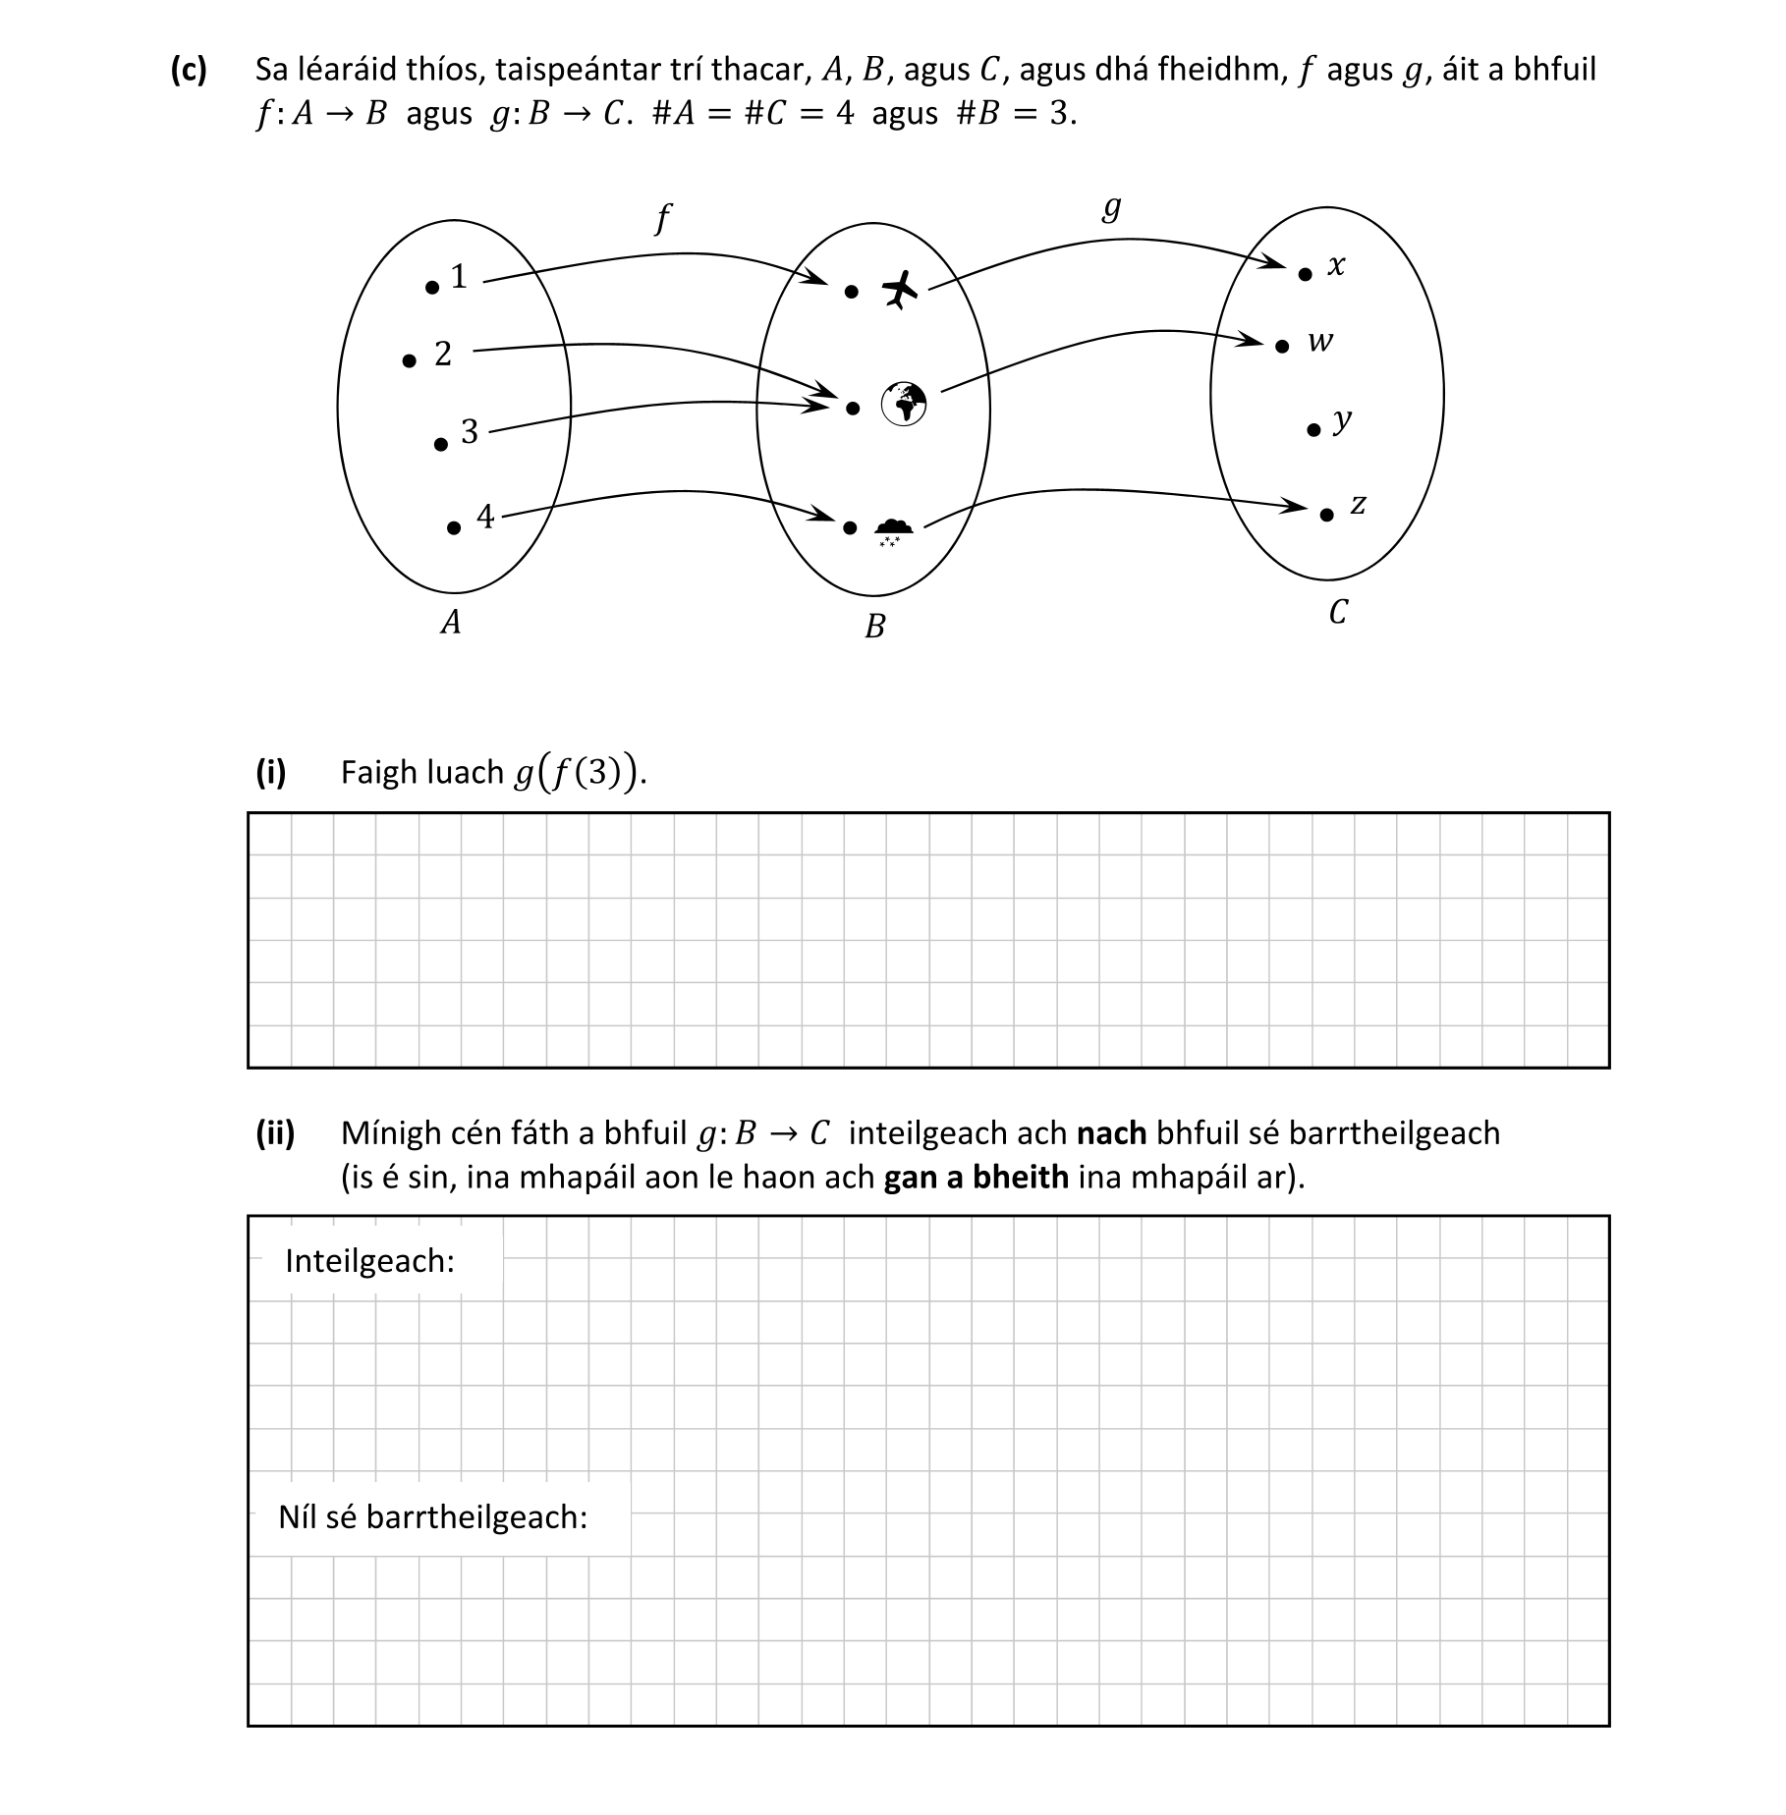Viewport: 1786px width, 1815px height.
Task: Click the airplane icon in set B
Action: pyautogui.click(x=899, y=289)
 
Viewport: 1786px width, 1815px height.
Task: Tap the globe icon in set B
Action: pyautogui.click(x=904, y=403)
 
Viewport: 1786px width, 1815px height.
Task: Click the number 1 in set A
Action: pyautogui.click(x=459, y=277)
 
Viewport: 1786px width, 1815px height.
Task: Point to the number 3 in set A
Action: pyautogui.click(x=470, y=431)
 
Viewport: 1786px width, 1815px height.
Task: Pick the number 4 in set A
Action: pyautogui.click(x=485, y=516)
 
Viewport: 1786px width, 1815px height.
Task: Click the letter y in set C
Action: pyautogui.click(x=1343, y=421)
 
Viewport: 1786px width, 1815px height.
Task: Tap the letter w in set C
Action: pyautogui.click(x=1320, y=342)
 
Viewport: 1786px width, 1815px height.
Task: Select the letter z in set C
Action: pyautogui.click(x=1358, y=505)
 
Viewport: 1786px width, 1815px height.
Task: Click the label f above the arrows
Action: pyautogui.click(x=663, y=218)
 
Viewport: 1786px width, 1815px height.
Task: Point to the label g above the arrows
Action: pyautogui.click(x=1111, y=207)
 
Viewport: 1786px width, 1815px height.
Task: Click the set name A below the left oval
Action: pyautogui.click(x=451, y=623)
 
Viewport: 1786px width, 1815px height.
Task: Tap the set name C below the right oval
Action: pyautogui.click(x=1337, y=613)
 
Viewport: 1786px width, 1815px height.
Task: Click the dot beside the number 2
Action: pyautogui.click(x=410, y=361)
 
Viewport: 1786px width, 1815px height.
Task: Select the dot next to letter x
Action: pyautogui.click(x=1305, y=275)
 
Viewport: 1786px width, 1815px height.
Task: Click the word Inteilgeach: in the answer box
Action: pyautogui.click(x=370, y=1261)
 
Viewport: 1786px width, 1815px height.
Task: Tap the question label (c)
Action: pyautogui.click(x=189, y=70)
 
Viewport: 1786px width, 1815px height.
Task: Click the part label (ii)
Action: pyautogui.click(x=275, y=1133)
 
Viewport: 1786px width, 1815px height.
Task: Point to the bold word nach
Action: pyautogui.click(x=1111, y=1133)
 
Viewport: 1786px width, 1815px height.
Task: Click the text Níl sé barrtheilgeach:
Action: pyautogui.click(x=432, y=1517)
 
